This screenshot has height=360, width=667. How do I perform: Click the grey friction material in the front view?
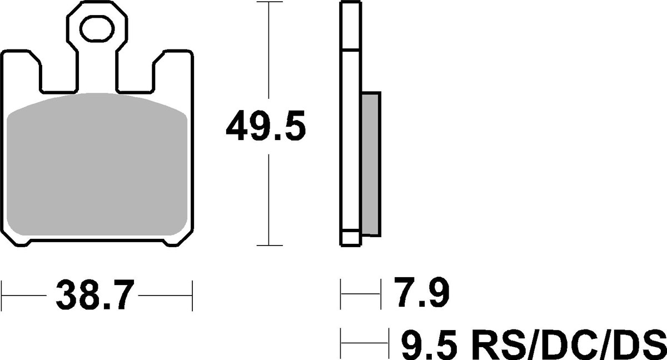[97, 167]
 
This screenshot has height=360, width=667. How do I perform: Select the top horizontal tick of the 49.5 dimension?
[269, 3]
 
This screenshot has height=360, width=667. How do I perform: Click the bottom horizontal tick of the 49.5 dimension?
[269, 245]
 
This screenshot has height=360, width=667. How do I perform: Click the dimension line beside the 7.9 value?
[361, 295]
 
